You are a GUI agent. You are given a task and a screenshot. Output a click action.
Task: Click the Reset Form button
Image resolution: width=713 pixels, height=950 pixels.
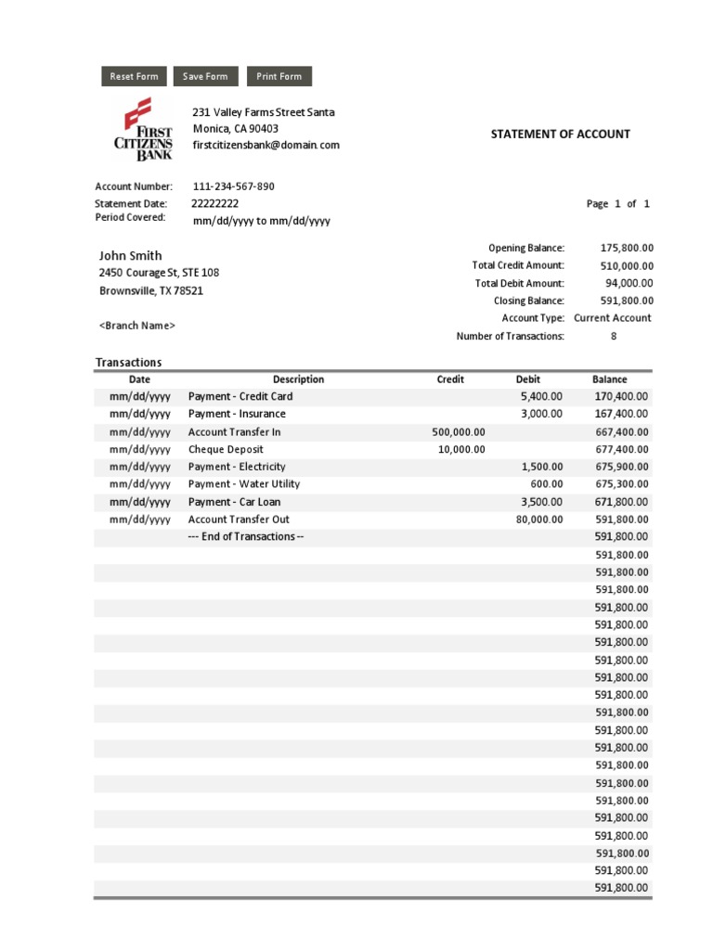[134, 76]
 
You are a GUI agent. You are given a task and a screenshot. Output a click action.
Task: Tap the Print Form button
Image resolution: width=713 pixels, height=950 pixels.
[279, 76]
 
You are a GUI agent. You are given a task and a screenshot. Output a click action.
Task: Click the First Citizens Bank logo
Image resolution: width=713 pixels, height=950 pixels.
[143, 129]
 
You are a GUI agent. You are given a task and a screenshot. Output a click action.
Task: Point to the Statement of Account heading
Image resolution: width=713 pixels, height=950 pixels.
[560, 134]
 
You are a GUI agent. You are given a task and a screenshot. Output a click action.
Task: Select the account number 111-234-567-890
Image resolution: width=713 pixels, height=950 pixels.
[233, 186]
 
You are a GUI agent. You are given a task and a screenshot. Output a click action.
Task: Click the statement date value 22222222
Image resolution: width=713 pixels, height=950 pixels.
[215, 203]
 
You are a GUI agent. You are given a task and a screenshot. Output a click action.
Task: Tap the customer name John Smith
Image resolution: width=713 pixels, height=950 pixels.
[130, 255]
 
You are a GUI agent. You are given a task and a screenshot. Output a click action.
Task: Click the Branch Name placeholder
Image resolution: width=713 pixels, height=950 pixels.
[137, 326]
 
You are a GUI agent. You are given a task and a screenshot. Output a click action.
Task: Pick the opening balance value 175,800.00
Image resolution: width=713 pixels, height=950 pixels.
[627, 248]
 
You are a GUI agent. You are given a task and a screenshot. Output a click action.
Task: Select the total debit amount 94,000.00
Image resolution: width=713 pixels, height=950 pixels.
[629, 283]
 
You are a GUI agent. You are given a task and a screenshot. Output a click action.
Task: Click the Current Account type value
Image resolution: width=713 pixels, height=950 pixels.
[613, 317]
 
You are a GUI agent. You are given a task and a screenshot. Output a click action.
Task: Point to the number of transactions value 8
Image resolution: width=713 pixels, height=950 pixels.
[613, 336]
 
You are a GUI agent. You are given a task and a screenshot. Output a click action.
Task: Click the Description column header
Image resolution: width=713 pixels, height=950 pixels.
[298, 379]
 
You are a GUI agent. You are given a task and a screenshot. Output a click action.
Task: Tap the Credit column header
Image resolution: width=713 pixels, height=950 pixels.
[450, 379]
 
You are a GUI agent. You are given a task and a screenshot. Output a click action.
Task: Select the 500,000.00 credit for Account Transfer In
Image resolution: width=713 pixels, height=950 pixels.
[459, 431]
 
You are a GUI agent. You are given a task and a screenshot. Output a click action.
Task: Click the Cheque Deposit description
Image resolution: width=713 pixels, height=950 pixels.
[226, 449]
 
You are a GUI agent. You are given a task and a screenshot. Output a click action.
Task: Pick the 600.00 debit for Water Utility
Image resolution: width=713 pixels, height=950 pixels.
[547, 483]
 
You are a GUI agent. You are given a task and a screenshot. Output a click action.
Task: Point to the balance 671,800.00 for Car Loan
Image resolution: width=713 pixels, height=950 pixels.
[621, 502]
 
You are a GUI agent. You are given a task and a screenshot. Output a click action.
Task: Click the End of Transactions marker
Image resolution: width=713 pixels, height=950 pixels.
[246, 536]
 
